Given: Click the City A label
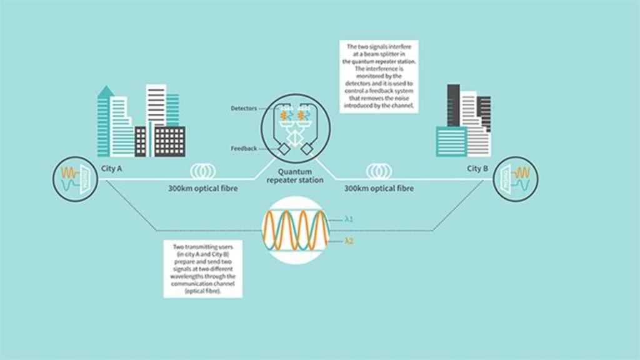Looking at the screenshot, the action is [x=113, y=169].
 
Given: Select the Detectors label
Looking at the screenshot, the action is [x=242, y=109].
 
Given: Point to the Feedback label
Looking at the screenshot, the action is [x=244, y=148].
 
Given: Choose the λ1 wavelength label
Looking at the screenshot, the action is [x=349, y=219].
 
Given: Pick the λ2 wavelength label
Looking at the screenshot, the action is [x=349, y=241].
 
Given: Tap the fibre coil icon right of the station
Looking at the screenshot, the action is [x=379, y=172].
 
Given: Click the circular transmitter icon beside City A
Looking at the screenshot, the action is [x=75, y=178].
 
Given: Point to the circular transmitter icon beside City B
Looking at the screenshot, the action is [x=516, y=178].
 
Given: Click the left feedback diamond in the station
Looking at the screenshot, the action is [x=282, y=150].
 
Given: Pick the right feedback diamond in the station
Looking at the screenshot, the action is [x=307, y=150].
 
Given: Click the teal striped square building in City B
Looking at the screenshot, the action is [x=451, y=141].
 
